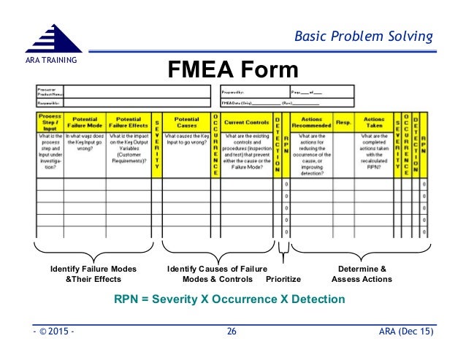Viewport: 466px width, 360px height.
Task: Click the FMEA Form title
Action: click(234, 70)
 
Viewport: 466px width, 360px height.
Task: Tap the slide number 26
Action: click(232, 332)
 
